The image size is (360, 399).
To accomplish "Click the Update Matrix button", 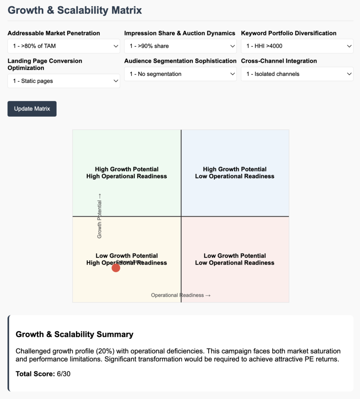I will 32,109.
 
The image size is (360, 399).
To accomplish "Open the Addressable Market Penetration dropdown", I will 64,46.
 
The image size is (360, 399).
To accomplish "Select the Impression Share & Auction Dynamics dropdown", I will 180,46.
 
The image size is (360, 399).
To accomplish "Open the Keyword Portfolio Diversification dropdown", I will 297,46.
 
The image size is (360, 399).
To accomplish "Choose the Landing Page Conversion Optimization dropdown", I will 64,81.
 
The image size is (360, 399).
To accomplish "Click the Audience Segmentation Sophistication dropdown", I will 180,74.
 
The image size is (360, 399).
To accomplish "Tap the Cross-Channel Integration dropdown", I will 297,74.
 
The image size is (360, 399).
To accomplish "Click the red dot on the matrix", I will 116,268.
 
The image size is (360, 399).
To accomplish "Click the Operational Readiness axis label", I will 181,295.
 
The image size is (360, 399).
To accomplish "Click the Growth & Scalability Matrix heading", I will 75,10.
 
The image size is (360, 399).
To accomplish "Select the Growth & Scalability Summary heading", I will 74,334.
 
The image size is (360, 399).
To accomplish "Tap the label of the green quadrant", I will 127,173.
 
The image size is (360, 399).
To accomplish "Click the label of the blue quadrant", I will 235,173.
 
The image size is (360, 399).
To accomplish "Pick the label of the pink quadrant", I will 235,259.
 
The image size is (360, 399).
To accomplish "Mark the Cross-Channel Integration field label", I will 279,61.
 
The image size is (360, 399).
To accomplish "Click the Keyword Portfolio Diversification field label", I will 289,33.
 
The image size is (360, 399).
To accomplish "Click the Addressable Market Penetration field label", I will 54,33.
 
